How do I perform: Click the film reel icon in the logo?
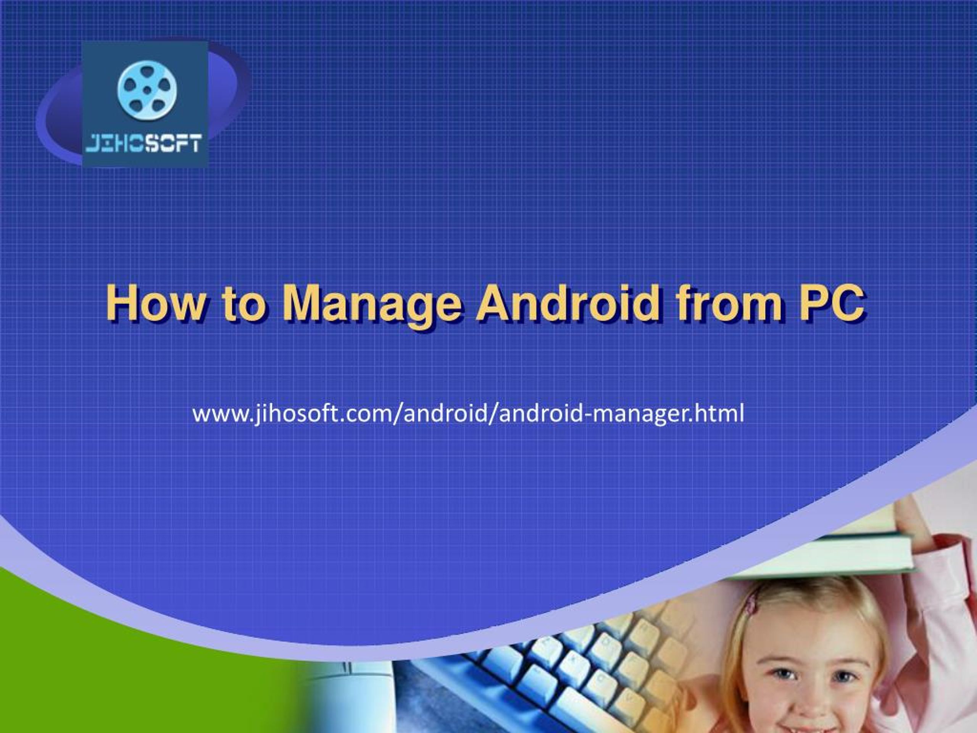pos(147,90)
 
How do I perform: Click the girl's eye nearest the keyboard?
pos(784,675)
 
